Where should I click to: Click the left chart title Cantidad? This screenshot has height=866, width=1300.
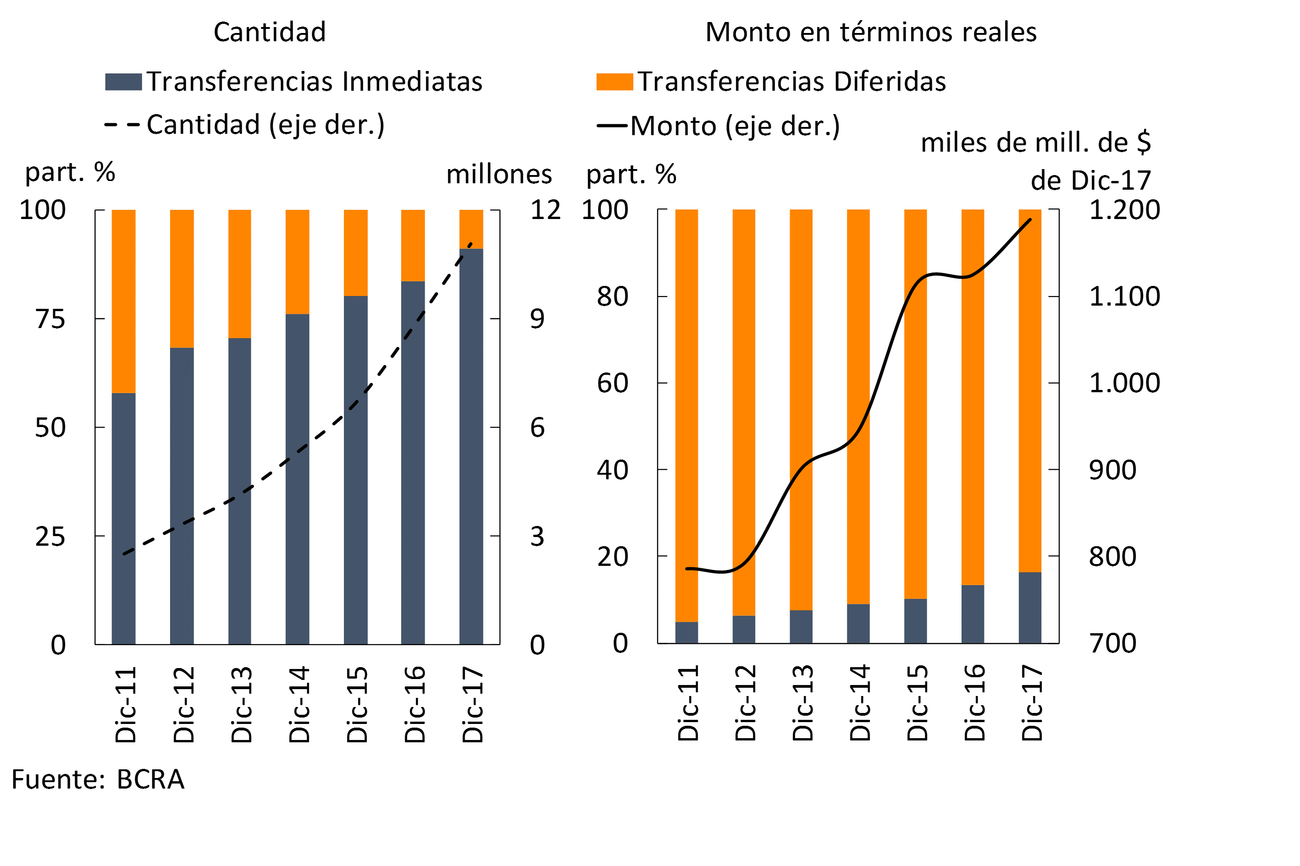270,32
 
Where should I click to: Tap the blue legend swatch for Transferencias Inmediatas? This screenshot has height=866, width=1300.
123,82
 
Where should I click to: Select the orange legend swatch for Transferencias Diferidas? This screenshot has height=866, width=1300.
614,82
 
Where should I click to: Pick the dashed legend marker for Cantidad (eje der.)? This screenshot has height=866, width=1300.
122,125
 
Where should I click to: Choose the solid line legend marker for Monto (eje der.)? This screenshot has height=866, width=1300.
611,126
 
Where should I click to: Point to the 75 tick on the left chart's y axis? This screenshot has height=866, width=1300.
50,319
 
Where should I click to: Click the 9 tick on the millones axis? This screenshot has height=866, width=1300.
537,319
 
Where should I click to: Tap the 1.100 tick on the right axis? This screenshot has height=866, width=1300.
1124,296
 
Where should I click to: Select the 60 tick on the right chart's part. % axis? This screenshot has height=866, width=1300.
613,384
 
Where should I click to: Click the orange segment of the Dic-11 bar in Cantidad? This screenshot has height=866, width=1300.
124,301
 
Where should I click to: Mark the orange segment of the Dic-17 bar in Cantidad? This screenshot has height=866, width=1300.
471,229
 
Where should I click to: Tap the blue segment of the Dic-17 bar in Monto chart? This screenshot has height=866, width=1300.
1030,608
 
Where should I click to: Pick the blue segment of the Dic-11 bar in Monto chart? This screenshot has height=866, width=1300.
686,632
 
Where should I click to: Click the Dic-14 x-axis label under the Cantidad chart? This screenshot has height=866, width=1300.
299,704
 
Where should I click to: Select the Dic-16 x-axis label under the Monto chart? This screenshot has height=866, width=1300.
974,702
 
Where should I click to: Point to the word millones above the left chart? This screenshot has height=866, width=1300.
498,175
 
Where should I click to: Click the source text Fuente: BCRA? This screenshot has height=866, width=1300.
98,780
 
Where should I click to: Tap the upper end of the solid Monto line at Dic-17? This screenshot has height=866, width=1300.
1030,220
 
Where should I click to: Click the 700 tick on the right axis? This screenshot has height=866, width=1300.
1112,643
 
